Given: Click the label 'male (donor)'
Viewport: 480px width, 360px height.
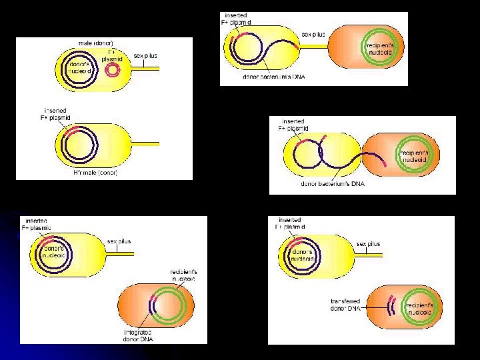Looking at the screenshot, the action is coord(95,43).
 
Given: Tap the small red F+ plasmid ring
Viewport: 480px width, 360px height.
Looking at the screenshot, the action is coord(111,70).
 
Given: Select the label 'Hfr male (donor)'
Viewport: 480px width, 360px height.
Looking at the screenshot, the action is coord(95,173).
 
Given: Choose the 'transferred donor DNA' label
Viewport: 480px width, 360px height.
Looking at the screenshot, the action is coord(345,305).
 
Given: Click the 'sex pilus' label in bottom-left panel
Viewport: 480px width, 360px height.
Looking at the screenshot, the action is coord(123,241).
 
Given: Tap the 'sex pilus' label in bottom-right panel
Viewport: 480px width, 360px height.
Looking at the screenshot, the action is coord(368,244).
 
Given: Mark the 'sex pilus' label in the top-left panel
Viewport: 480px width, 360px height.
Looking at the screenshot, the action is coord(145,56).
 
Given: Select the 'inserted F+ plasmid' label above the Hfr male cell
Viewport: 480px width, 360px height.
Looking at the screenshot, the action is coord(55,114).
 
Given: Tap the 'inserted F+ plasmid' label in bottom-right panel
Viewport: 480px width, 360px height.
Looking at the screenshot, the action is coord(290,223).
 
